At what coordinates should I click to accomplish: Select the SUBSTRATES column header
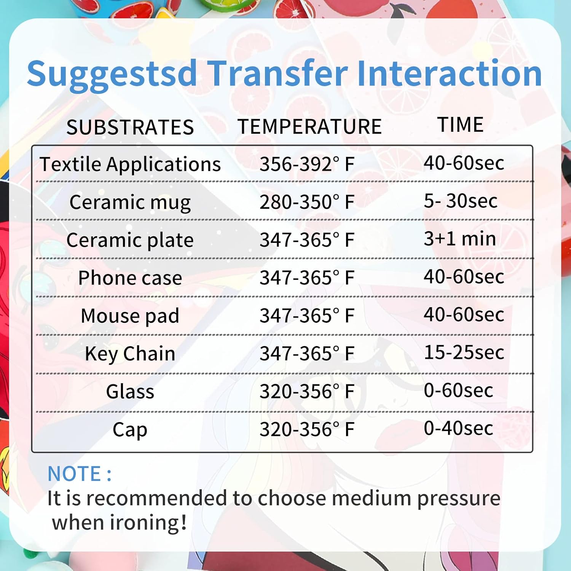pyautogui.click(x=130, y=127)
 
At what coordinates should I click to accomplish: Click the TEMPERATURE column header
pyautogui.click(x=309, y=126)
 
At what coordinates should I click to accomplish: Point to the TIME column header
pyautogui.click(x=460, y=124)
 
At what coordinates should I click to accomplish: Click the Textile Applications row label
pyautogui.click(x=130, y=164)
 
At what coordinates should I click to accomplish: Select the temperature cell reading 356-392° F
pyautogui.click(x=307, y=164)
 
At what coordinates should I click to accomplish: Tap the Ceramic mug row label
pyautogui.click(x=130, y=202)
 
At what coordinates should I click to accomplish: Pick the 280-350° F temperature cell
pyautogui.click(x=307, y=202)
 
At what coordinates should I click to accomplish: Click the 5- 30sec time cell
pyautogui.click(x=461, y=201)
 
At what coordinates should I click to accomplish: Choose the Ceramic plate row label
pyautogui.click(x=130, y=240)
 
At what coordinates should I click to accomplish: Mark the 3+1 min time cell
pyautogui.click(x=460, y=239)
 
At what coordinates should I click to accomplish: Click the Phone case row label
pyautogui.click(x=130, y=278)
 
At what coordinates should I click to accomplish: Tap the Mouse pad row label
pyautogui.click(x=130, y=316)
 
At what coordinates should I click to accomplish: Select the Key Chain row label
pyautogui.click(x=130, y=354)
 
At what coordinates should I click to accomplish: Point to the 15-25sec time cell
pyautogui.click(x=464, y=352)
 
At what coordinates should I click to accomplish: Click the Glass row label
pyautogui.click(x=130, y=392)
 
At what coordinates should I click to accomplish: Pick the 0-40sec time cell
pyautogui.click(x=458, y=428)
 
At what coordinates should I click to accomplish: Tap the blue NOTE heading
pyautogui.click(x=79, y=474)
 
